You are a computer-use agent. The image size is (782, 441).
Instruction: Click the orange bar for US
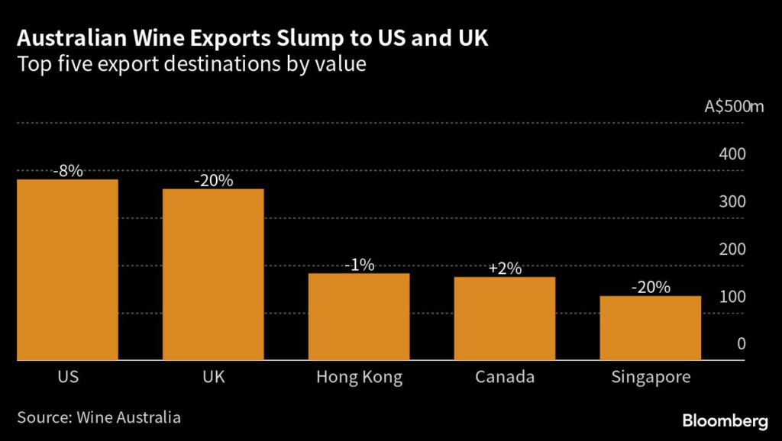(x=67, y=269)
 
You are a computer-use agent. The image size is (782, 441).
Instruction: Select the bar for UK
(x=213, y=274)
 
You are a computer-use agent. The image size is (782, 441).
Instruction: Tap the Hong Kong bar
(x=359, y=316)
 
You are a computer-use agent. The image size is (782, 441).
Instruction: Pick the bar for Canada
(x=505, y=318)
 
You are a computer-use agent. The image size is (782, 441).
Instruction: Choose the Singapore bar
(x=651, y=327)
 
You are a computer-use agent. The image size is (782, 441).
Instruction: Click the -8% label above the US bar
(x=67, y=172)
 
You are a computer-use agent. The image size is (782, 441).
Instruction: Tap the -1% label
(x=359, y=266)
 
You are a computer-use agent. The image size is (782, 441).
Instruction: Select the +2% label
(x=505, y=269)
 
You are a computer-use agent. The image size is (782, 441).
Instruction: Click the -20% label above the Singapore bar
(x=651, y=288)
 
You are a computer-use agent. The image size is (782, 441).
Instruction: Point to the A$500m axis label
(x=734, y=106)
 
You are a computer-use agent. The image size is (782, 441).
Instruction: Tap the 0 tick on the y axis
(x=741, y=344)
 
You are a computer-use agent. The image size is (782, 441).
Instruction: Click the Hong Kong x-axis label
(x=359, y=378)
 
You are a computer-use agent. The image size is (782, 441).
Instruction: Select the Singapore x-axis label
(x=651, y=378)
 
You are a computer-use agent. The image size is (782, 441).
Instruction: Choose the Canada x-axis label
(x=505, y=378)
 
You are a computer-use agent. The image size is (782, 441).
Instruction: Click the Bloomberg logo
(x=725, y=420)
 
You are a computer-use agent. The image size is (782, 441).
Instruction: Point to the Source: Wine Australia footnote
(x=99, y=417)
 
